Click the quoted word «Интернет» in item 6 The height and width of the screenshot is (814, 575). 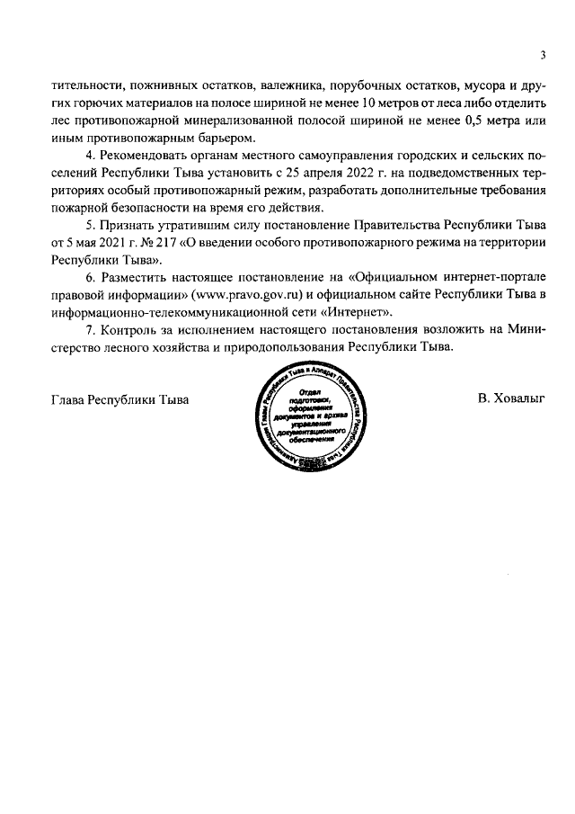[x=364, y=310]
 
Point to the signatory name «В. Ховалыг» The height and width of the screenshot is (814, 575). [x=513, y=398]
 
